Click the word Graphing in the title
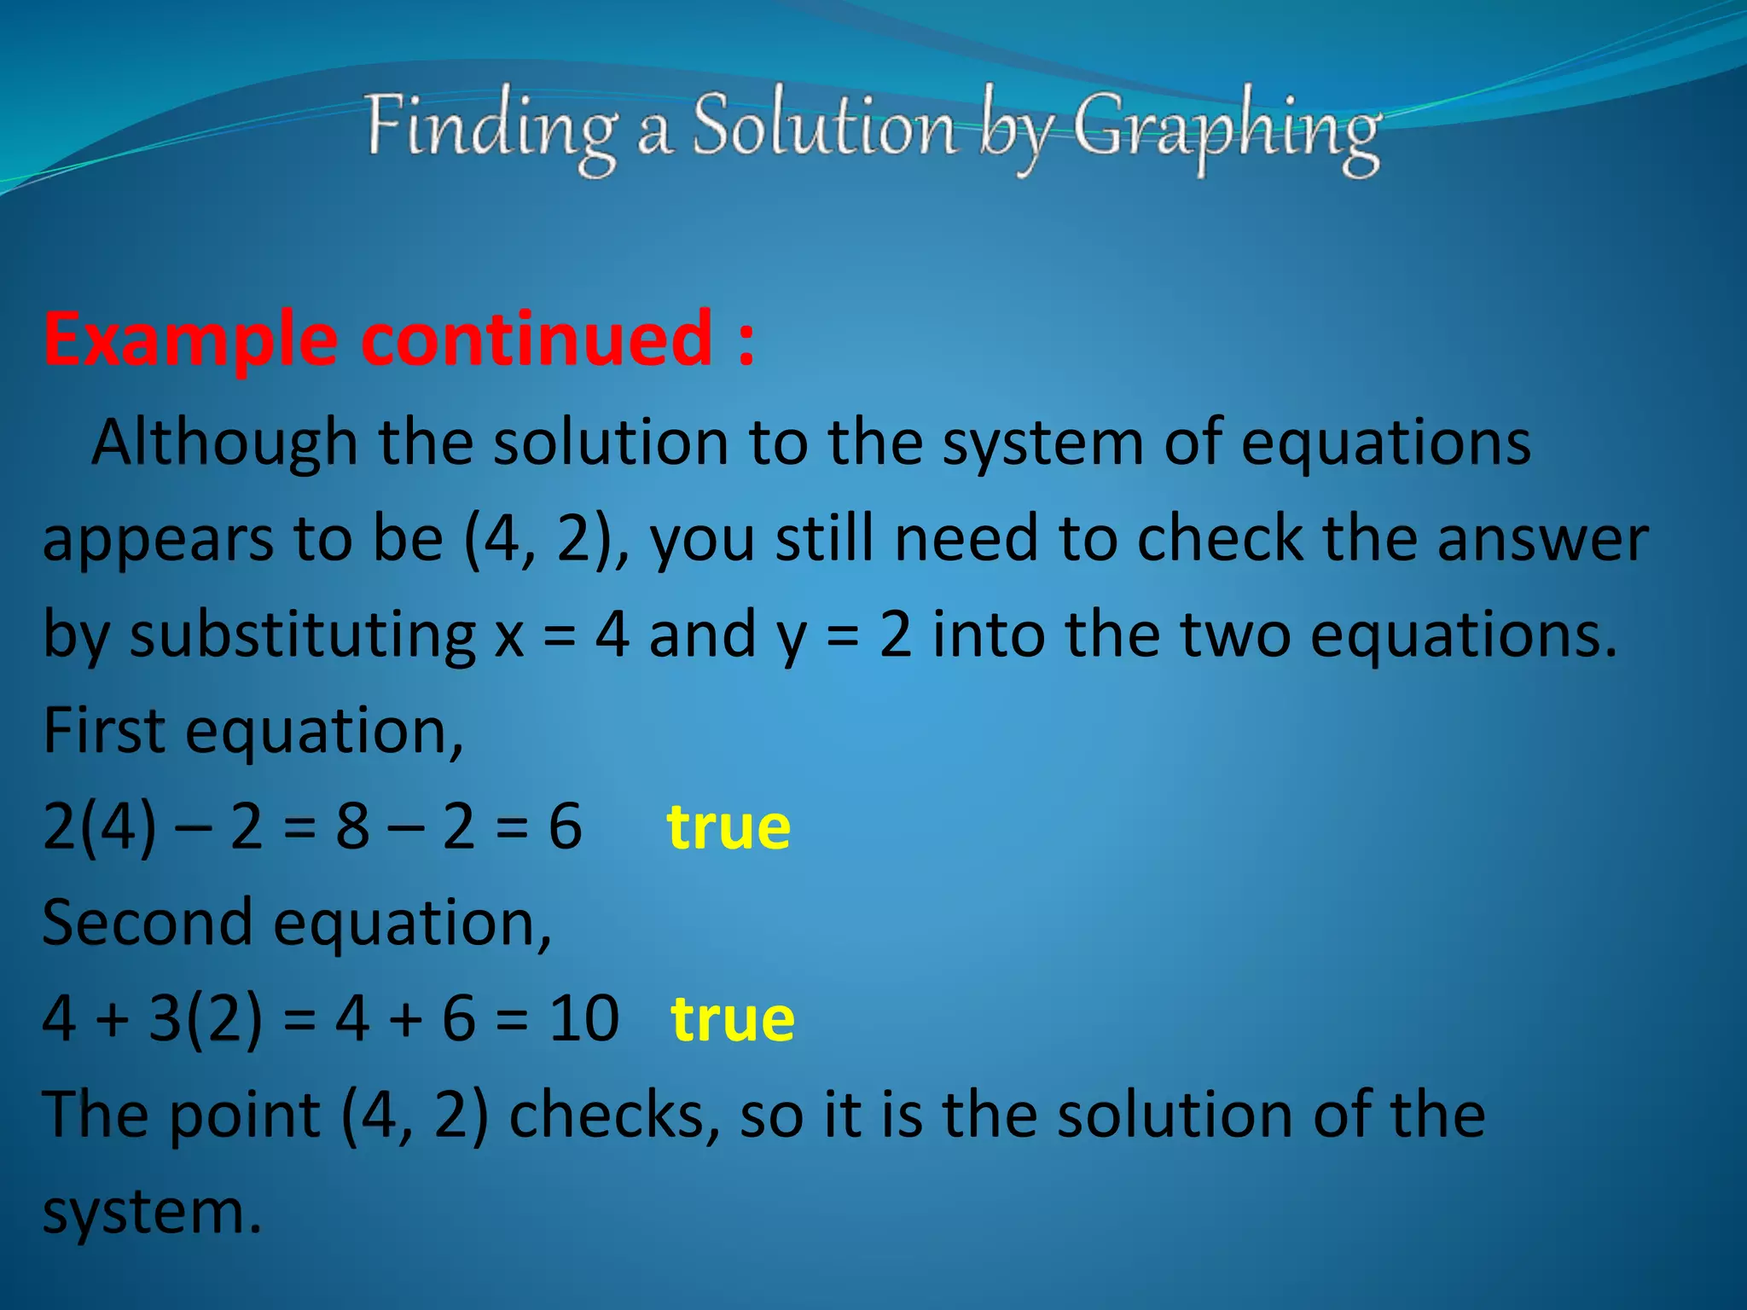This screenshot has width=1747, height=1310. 1226,130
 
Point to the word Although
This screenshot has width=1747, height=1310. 224,444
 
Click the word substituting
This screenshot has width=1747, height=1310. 302,636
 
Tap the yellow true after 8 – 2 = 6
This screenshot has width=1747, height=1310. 728,827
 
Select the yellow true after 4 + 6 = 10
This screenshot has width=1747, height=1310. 733,1019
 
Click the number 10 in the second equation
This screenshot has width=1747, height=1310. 583,1019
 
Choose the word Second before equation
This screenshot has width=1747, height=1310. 147,924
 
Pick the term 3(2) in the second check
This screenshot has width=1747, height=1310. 205,1019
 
